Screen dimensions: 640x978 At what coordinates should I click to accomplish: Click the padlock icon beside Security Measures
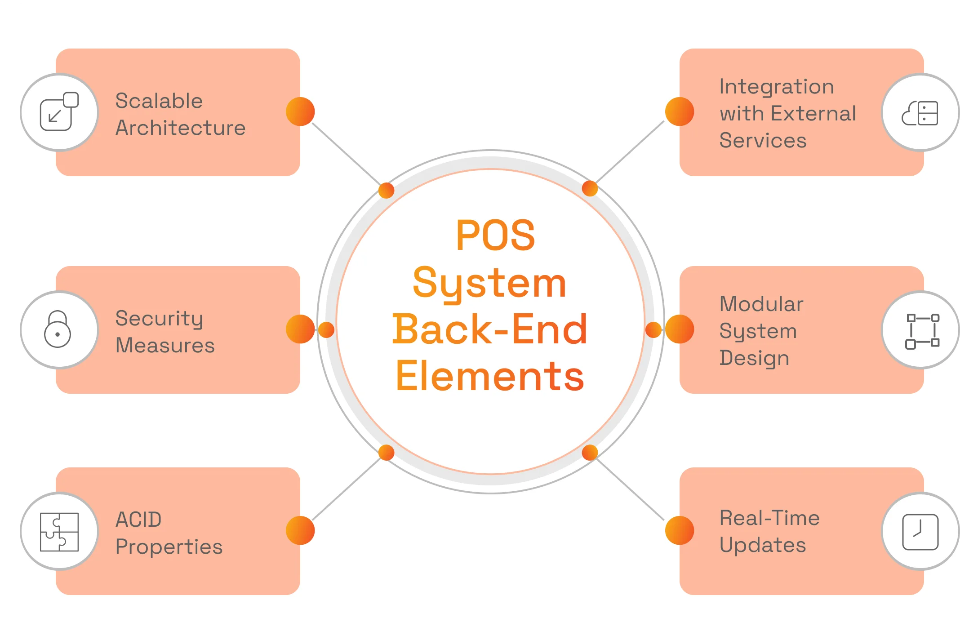click(58, 329)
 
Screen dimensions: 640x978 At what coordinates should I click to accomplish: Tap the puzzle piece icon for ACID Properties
click(59, 532)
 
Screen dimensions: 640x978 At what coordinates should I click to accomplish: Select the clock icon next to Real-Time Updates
click(920, 532)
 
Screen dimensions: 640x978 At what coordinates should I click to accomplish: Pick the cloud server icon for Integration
click(920, 113)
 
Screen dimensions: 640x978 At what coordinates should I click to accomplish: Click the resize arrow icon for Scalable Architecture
click(59, 112)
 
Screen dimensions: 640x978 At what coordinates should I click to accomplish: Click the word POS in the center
click(495, 236)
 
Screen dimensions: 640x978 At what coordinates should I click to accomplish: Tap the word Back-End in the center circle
click(489, 330)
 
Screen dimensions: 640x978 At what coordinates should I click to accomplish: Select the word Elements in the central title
click(489, 377)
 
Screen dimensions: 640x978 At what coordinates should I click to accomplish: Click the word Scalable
click(159, 101)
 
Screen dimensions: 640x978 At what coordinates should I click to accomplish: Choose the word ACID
click(138, 520)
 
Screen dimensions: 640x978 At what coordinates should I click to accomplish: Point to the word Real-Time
click(769, 518)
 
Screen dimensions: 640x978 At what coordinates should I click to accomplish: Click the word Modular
click(761, 304)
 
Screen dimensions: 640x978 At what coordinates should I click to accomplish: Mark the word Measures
click(165, 345)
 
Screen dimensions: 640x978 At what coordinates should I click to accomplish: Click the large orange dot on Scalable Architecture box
click(300, 111)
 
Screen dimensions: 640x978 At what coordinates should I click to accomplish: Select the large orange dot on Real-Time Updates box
click(679, 530)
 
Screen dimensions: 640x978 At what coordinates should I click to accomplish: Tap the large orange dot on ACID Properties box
click(300, 530)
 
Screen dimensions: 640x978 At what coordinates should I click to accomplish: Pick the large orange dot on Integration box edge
click(679, 111)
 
